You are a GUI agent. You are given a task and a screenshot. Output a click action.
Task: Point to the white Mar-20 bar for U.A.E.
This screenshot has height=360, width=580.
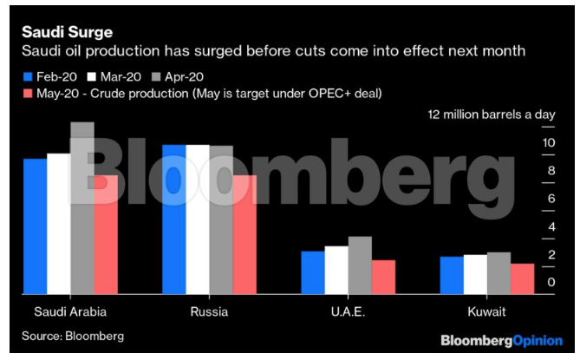coord(336,270)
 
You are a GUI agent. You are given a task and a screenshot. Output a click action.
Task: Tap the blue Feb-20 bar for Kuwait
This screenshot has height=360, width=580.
coord(452,275)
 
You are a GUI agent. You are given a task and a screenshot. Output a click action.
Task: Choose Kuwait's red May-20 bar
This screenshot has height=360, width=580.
coord(522,278)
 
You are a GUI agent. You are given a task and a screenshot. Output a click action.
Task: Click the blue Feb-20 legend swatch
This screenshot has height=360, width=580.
coord(27,75)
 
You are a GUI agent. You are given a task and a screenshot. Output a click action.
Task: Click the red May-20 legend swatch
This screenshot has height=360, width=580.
coord(27,93)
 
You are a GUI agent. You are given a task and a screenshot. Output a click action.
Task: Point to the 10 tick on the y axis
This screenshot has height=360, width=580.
coord(549,143)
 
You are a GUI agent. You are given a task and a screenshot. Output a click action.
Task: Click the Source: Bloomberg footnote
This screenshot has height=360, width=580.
coord(73,335)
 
